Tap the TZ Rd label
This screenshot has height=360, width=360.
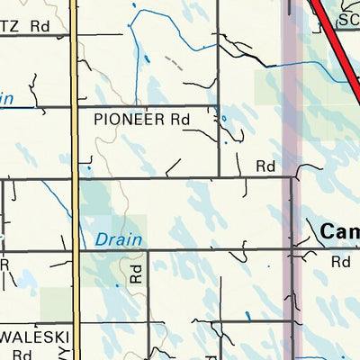click(24, 26)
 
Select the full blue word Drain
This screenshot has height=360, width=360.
click(113, 240)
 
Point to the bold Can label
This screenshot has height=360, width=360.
click(339, 232)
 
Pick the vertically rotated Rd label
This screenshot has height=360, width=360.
click(136, 273)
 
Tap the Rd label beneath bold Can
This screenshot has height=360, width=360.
click(339, 262)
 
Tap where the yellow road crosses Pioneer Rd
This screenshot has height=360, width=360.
click(74, 107)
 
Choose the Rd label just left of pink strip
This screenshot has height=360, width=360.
click(265, 166)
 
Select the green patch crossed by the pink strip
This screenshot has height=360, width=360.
click(274, 86)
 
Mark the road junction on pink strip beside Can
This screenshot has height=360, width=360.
click(291, 250)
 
